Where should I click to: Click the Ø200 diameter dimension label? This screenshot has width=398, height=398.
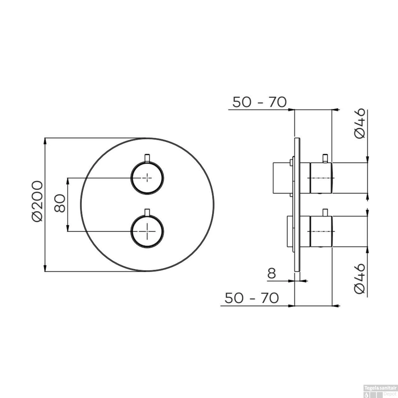[37, 201]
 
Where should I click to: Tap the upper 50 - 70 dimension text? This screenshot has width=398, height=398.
[259, 102]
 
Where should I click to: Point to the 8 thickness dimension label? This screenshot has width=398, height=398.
[271, 274]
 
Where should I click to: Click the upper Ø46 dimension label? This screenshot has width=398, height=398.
[360, 123]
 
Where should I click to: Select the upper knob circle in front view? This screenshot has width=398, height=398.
[147, 178]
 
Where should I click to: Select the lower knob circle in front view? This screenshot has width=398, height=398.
[147, 231]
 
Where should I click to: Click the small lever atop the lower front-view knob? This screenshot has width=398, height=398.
[147, 212]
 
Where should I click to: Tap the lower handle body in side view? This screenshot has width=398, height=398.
[321, 231]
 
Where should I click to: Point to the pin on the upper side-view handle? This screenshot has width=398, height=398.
[325, 158]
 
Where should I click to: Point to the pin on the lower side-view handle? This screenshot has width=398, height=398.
[325, 213]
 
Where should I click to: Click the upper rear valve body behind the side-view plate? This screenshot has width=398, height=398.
[283, 178]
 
